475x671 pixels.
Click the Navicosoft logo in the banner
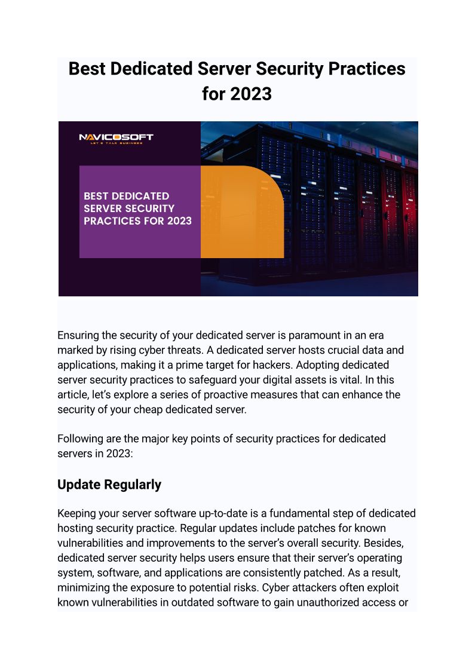tap(117, 139)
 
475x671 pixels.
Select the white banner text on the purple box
tap(137, 209)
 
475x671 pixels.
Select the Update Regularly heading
tap(109, 484)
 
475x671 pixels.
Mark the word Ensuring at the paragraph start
tap(79, 335)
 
